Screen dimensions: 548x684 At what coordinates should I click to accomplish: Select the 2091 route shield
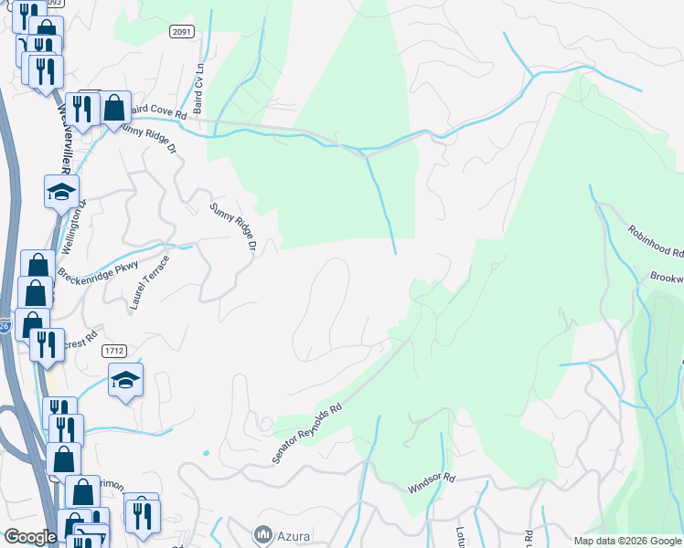point(182,31)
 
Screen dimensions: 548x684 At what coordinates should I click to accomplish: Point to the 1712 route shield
point(113,351)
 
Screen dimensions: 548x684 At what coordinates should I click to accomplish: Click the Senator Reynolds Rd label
point(307,432)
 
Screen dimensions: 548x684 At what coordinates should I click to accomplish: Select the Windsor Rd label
point(431,481)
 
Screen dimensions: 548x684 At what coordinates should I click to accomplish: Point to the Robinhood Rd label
point(656,240)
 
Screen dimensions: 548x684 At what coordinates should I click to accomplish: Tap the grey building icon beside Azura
point(263,532)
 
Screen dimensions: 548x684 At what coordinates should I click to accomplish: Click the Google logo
point(30,536)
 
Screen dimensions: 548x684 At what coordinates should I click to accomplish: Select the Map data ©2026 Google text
point(626,541)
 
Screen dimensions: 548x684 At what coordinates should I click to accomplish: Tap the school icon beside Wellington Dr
point(61,192)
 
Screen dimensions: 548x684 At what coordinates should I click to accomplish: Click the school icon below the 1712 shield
point(125,379)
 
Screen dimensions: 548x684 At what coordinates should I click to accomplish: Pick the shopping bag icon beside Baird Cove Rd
point(114,107)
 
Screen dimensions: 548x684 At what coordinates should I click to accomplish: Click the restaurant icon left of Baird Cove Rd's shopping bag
point(83,109)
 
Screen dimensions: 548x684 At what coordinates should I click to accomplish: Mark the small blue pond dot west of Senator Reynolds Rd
point(206,452)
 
